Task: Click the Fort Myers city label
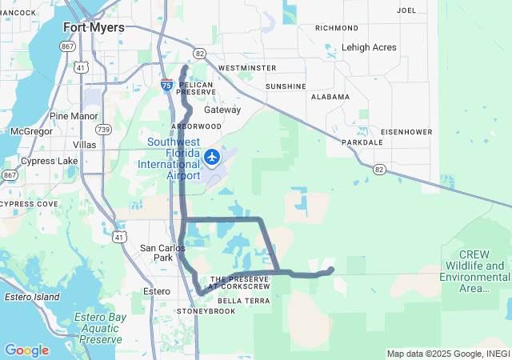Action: (94, 27)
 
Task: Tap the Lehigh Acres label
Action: (368, 47)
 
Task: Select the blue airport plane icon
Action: (213, 157)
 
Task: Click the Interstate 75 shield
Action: (166, 84)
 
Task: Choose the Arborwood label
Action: (196, 126)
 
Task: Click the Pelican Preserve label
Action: (198, 88)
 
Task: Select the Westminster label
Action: (247, 68)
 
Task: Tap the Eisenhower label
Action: (406, 131)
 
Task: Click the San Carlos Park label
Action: (157, 253)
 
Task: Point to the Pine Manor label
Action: (73, 116)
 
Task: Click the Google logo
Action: (26, 350)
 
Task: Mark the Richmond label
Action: (337, 27)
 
